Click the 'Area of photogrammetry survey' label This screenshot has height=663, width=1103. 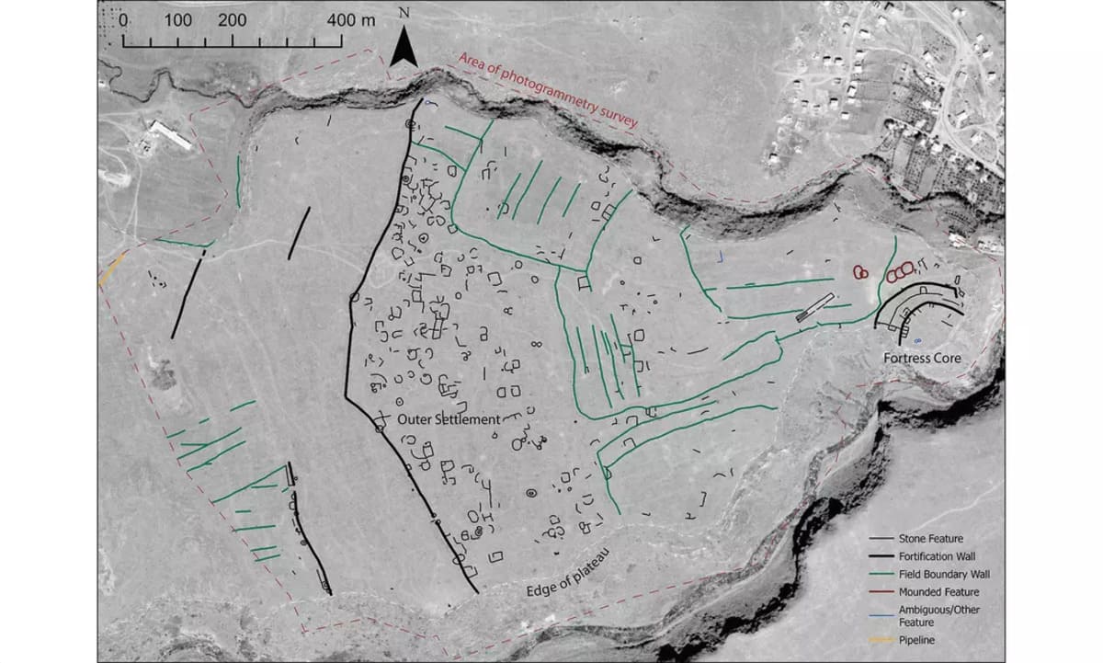[547, 97]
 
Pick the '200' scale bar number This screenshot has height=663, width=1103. [233, 21]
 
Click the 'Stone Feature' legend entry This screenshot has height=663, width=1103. [931, 539]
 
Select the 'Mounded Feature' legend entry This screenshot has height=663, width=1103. [938, 591]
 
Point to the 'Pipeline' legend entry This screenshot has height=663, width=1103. [918, 640]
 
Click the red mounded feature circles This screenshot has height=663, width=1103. [900, 272]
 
